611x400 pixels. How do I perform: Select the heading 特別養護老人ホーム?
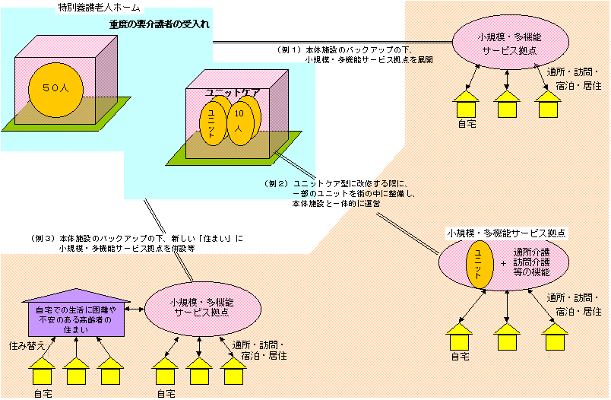tap(100, 8)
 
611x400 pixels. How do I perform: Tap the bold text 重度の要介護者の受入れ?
tap(159, 24)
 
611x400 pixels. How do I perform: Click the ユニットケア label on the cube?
tap(233, 92)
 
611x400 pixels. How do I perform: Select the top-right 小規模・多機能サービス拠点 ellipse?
tap(508, 43)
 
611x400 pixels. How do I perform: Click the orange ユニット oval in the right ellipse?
tap(479, 263)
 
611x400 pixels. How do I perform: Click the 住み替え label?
tap(29, 346)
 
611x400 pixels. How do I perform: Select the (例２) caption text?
tap(337, 195)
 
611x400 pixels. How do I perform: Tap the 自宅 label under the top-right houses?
tap(467, 124)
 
